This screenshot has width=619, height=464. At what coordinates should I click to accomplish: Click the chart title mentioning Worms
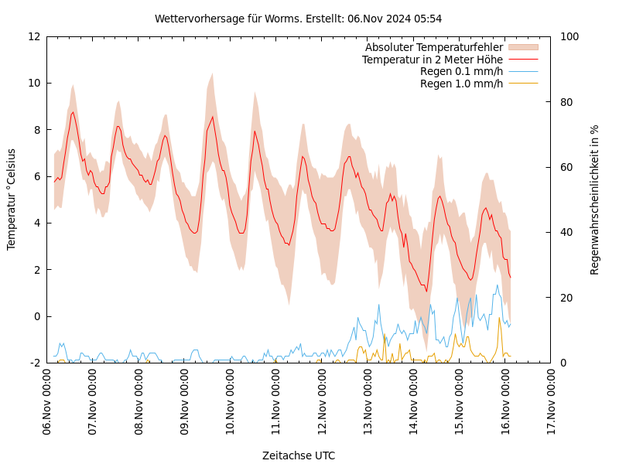(298, 19)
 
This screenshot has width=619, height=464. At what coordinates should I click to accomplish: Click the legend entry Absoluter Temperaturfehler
(433, 47)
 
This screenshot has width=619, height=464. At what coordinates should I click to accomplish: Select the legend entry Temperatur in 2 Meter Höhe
(432, 60)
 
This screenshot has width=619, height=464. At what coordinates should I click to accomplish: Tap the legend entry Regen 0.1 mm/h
(461, 72)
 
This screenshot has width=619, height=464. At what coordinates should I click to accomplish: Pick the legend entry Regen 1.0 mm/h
(461, 84)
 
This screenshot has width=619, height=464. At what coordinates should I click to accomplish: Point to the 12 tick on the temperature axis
(34, 36)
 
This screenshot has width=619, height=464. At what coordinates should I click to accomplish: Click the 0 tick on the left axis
(37, 316)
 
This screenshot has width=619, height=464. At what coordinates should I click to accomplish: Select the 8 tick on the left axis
(37, 130)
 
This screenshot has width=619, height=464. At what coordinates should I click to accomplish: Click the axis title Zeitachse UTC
(299, 455)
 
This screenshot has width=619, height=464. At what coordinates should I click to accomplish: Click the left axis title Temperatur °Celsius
(12, 200)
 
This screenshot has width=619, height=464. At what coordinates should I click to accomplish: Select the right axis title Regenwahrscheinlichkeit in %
(595, 200)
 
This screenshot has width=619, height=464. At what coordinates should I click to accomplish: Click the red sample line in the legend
(523, 60)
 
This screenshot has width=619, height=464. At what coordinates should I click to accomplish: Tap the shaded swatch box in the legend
(523, 47)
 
